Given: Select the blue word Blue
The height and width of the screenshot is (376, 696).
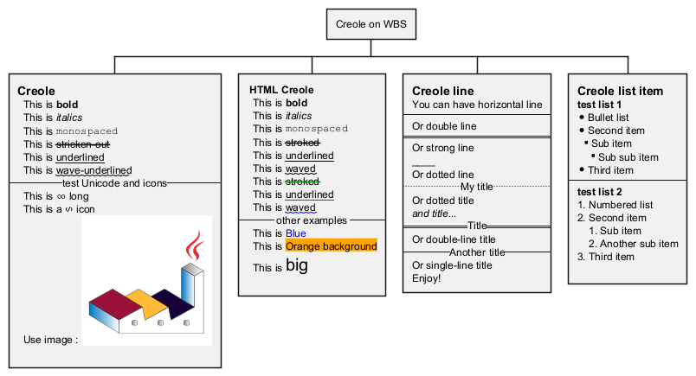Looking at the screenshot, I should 295,233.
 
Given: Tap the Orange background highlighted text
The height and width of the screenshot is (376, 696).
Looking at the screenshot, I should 331,246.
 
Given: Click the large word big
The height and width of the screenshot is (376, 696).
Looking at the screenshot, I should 297,266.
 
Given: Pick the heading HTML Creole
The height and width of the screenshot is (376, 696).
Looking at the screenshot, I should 281,90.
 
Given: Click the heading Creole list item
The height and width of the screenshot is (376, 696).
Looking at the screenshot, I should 620,91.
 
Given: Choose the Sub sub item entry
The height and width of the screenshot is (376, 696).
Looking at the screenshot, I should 628,157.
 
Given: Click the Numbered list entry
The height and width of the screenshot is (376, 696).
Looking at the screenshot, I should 620,205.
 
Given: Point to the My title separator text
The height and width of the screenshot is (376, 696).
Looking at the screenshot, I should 476,187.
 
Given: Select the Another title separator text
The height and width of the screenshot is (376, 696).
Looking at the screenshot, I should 477,252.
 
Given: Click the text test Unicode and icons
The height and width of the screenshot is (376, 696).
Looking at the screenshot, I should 115,182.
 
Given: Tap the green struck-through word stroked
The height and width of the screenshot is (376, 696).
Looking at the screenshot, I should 302,182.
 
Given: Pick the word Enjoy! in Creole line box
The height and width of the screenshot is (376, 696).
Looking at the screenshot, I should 427,278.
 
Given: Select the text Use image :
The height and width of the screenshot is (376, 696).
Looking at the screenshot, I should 50,339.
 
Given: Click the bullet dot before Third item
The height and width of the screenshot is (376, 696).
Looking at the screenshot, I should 581,170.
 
